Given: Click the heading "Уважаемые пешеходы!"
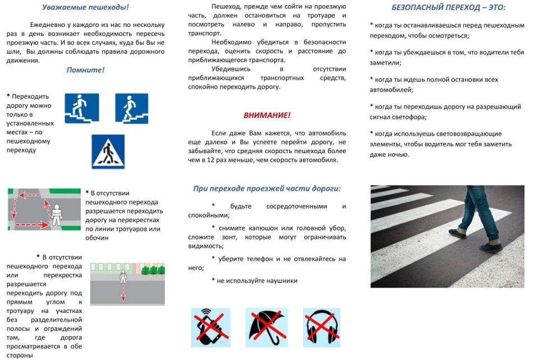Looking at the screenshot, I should (x=86, y=8).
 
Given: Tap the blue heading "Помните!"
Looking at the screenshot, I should (x=86, y=70).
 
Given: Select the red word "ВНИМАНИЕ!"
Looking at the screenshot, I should (x=267, y=115).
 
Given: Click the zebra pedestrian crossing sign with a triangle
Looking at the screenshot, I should (x=108, y=151).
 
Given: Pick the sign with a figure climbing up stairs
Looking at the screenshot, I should (x=82, y=108).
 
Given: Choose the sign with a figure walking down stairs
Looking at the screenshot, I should (x=132, y=108).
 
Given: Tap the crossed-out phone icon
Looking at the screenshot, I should (x=210, y=327).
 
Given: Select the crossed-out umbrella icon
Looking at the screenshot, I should (x=266, y=327).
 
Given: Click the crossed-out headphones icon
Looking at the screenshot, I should (x=322, y=327).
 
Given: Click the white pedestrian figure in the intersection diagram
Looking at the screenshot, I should (x=56, y=214).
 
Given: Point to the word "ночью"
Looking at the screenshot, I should (x=397, y=154).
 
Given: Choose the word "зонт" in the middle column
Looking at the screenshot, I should (x=229, y=237).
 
